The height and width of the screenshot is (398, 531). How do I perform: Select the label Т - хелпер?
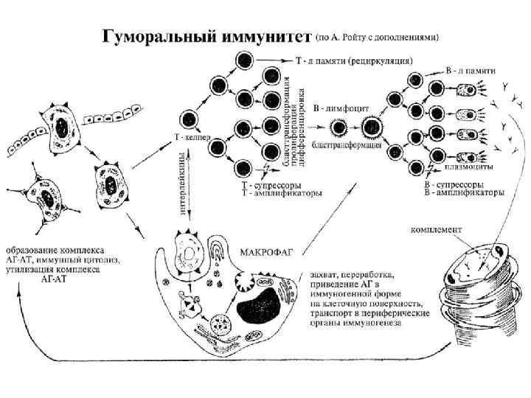pyautogui.click(x=192, y=136)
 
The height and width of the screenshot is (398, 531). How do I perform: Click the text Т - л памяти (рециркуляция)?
pyautogui.click(x=353, y=60)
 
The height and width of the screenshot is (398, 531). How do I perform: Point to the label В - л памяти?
pyautogui.click(x=471, y=69)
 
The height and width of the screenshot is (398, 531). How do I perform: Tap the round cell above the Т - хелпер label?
pyautogui.click(x=188, y=117)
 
